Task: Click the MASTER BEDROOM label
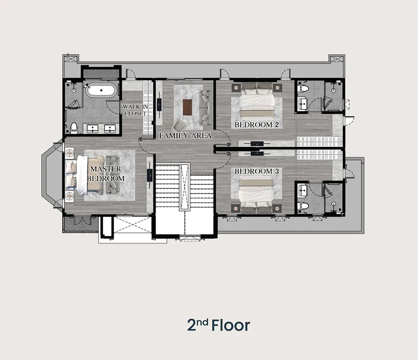pos(106,173)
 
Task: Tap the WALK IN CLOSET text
pos(135,110)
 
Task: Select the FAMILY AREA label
pos(186,135)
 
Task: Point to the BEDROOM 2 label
pos(256,125)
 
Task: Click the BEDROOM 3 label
pos(256,171)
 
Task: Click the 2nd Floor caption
pos(219,325)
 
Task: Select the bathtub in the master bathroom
pos(101,90)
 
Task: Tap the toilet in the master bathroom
pos(73,128)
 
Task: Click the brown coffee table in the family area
pos(187,107)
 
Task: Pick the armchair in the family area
pos(179,125)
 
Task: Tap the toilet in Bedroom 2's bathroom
pos(303,88)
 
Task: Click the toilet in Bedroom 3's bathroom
pos(303,206)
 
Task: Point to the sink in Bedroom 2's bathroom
pos(303,104)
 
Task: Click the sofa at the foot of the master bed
pos(113,175)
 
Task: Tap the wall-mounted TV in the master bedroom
pos(150,176)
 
